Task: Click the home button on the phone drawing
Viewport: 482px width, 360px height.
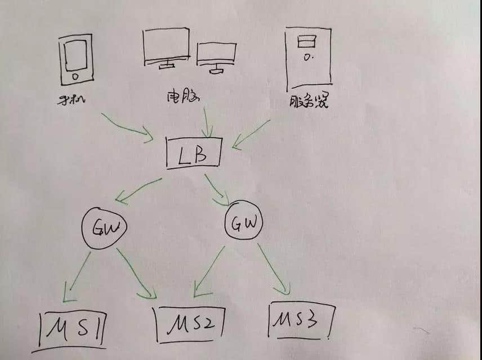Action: click(75, 76)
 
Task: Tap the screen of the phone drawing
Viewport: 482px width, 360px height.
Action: click(75, 56)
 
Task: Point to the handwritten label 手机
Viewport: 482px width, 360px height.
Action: click(72, 100)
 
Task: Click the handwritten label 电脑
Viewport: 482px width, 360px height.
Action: click(183, 96)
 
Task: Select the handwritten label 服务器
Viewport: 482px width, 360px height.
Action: click(309, 101)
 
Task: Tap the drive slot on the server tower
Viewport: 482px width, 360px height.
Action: click(306, 42)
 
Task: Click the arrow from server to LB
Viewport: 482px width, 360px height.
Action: click(251, 134)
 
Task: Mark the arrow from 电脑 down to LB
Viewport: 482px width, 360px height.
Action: click(207, 122)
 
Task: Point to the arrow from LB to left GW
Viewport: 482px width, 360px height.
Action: click(139, 191)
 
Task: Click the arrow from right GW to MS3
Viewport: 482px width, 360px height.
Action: click(274, 269)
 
